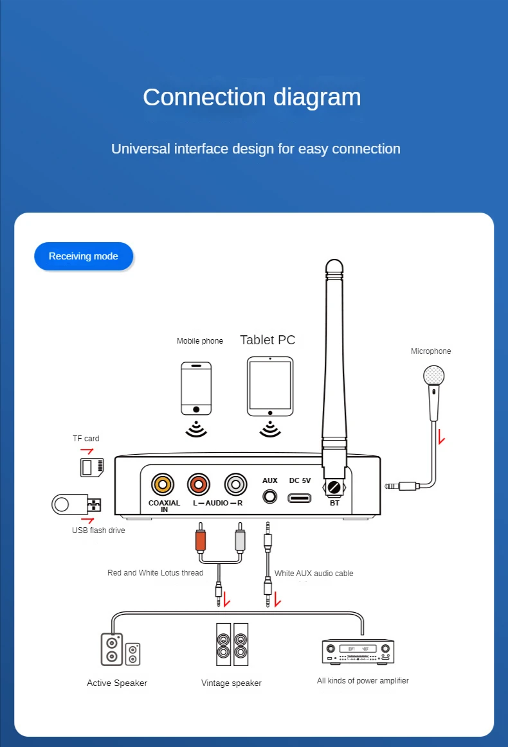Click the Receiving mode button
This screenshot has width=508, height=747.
tap(84, 256)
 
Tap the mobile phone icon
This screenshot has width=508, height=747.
tap(196, 389)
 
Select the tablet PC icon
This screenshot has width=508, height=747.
tap(270, 386)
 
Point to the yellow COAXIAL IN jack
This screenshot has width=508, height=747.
tap(163, 484)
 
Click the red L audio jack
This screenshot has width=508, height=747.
tap(199, 484)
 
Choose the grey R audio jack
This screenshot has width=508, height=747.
tap(236, 484)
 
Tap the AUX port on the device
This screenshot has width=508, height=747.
tap(270, 496)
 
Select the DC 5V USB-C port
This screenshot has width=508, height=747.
tap(300, 497)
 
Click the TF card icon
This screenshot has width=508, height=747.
tap(91, 466)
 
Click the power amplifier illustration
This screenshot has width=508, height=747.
tap(358, 651)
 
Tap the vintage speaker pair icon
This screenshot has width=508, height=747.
tap(232, 644)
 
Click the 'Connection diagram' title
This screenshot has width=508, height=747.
tap(252, 97)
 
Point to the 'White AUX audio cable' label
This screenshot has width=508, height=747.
tap(314, 574)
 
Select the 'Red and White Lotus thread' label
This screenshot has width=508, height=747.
tap(155, 573)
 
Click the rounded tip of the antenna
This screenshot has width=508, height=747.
tap(334, 266)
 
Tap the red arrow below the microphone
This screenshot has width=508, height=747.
tap(441, 439)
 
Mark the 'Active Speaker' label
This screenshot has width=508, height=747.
tap(117, 683)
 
